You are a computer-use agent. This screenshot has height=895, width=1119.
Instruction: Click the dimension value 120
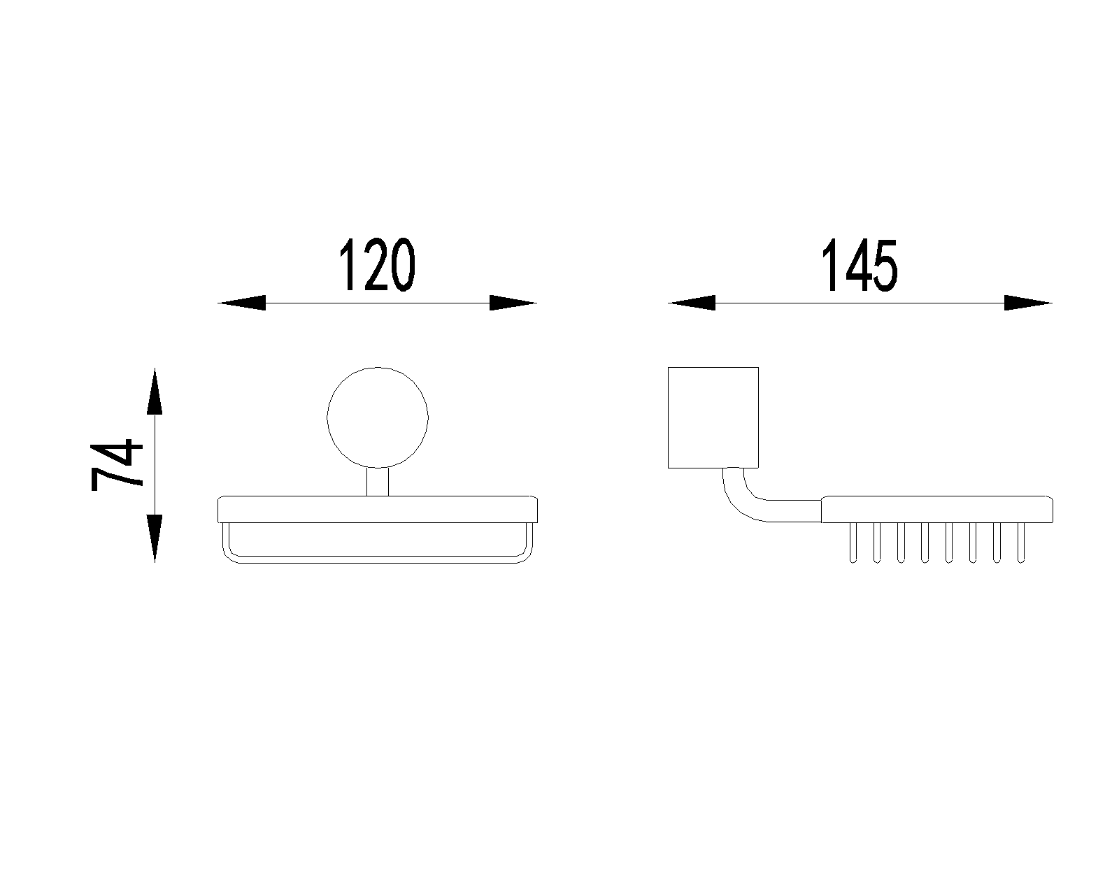(x=377, y=265)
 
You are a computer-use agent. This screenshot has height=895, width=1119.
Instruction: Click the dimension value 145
(x=860, y=265)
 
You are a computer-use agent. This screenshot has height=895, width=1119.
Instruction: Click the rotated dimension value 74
(x=117, y=465)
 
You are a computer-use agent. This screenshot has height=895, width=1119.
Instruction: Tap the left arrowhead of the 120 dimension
(x=242, y=303)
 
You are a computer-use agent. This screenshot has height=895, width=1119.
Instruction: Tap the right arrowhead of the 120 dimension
(x=513, y=303)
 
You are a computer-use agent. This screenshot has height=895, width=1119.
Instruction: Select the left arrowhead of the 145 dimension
(x=692, y=303)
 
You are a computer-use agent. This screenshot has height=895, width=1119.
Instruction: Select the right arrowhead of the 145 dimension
(x=1028, y=303)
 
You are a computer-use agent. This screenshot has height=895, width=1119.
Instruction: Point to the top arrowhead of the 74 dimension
(x=155, y=391)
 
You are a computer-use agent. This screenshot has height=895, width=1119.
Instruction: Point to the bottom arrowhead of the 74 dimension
(x=155, y=538)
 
